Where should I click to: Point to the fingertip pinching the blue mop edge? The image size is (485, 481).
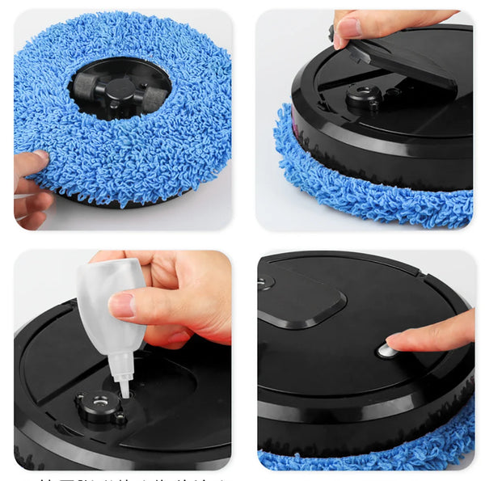(32, 160)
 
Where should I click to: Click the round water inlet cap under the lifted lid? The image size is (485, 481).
(364, 98)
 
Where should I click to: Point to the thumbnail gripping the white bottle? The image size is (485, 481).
(121, 304)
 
